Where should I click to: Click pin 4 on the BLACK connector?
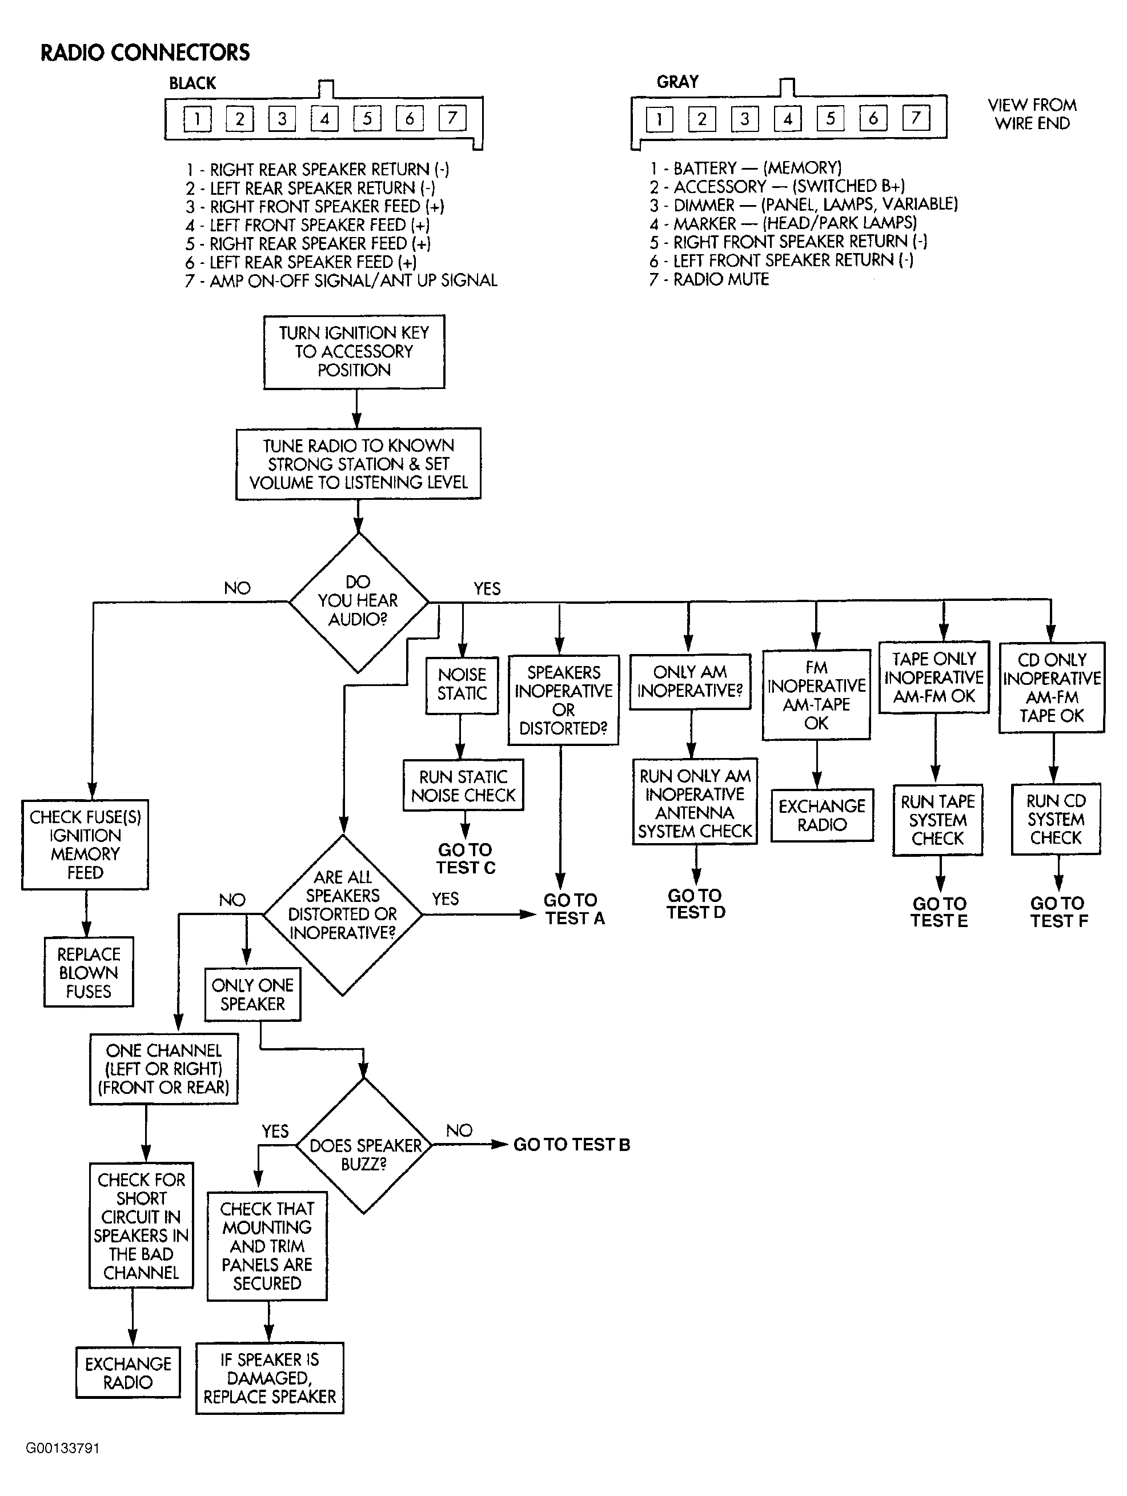pos(324,119)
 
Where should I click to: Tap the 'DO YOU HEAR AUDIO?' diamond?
pos(359,603)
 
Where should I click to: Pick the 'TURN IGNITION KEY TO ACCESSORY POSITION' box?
pos(354,352)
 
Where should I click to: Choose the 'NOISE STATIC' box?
pos(462,684)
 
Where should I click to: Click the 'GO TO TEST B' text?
pos(572,1144)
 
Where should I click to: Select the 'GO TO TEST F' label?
pos(1058,912)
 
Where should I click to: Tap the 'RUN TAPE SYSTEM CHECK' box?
pos(937,820)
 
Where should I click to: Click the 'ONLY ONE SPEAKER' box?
pos(252,994)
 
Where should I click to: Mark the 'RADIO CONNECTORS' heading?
pos(145,52)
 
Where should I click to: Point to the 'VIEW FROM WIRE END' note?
pos(1032,114)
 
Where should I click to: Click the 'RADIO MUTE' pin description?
pos(709,279)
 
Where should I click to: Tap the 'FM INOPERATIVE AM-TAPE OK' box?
pos(816,695)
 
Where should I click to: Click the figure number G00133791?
pos(62,1448)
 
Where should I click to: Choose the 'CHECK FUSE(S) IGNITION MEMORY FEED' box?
pos(85,845)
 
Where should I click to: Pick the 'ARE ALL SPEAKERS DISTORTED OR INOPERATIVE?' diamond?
pos(342,915)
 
